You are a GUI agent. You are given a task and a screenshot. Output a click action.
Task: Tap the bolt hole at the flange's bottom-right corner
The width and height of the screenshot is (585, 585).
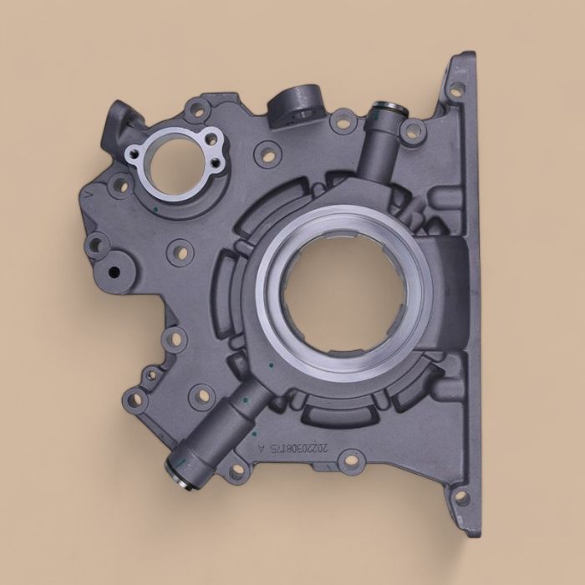tap(458, 500)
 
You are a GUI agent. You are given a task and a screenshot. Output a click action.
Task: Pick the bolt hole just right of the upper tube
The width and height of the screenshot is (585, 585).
tap(413, 129)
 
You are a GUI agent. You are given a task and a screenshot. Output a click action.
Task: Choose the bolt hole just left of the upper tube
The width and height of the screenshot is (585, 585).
tap(343, 121)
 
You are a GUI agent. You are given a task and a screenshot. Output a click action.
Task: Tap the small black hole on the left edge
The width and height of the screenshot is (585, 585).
tap(113, 273)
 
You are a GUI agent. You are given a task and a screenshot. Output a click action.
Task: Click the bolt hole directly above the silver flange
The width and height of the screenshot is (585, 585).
tap(197, 108)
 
